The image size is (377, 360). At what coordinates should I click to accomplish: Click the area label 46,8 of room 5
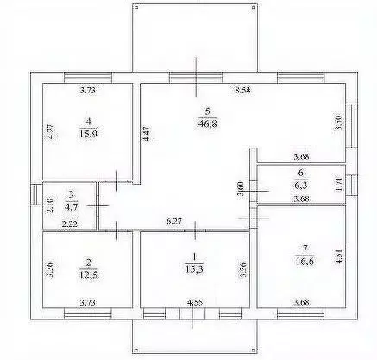coord(207,123)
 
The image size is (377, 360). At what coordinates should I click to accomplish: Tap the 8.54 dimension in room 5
coord(243,90)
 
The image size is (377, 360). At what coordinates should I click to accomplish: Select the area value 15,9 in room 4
coord(89,134)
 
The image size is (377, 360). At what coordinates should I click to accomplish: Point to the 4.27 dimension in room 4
coord(51,131)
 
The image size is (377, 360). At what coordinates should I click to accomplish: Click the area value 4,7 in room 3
coord(72,206)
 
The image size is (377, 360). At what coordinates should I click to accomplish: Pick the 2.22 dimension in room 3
coord(70,224)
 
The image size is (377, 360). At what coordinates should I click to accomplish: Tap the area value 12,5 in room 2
coord(89,275)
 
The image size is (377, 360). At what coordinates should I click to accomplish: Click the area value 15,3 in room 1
coord(194,268)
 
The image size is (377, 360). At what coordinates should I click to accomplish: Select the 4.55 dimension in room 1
coord(195,302)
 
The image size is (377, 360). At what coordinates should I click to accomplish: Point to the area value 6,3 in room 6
coord(301,186)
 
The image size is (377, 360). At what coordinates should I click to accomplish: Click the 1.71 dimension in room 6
coord(339,185)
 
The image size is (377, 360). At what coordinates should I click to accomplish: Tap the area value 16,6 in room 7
coord(305,261)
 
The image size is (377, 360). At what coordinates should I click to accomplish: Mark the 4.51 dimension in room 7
coord(340,257)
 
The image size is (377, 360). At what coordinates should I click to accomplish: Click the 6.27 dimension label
coord(174,221)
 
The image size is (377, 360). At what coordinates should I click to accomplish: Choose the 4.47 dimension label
coord(147,133)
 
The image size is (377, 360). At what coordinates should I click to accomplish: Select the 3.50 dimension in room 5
coord(339,123)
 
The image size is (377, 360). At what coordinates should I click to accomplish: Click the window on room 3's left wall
coord(34,194)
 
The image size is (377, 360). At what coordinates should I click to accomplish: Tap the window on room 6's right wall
coord(352,185)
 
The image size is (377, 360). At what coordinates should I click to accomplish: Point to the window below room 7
coord(301,314)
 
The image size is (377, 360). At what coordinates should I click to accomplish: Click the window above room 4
coord(88,78)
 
